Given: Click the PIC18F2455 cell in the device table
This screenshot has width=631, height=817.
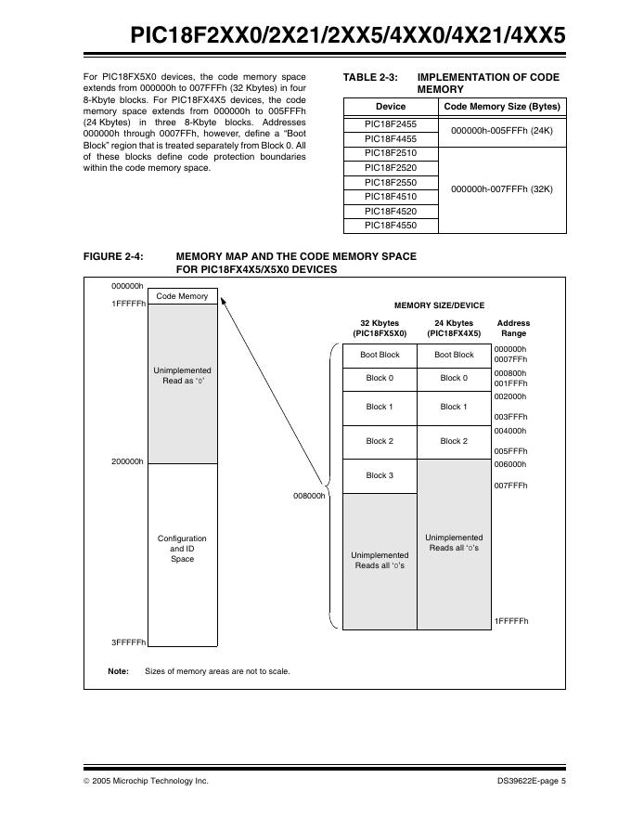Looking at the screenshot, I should pyautogui.click(x=390, y=123).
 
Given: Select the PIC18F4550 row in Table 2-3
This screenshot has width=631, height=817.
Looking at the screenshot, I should pyautogui.click(x=390, y=226).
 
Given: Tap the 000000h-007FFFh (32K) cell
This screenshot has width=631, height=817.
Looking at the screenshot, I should pyautogui.click(x=501, y=189).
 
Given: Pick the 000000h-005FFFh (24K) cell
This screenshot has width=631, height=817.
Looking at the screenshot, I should pyautogui.click(x=501, y=131).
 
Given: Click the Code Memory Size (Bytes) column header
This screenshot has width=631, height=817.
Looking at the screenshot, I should pyautogui.click(x=501, y=106).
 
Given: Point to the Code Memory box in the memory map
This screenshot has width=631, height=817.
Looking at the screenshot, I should pyautogui.click(x=182, y=296).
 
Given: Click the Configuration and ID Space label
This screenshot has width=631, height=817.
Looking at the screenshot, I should pyautogui.click(x=182, y=549).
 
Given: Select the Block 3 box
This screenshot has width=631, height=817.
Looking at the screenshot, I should pyautogui.click(x=379, y=475).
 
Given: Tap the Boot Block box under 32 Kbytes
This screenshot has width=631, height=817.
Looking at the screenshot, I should pyautogui.click(x=379, y=355).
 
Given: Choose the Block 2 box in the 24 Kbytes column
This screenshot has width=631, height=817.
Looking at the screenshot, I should pyautogui.click(x=453, y=441).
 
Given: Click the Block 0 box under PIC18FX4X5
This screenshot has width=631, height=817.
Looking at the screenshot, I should pyautogui.click(x=453, y=378).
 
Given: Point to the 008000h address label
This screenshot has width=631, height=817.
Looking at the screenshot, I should pyautogui.click(x=308, y=496).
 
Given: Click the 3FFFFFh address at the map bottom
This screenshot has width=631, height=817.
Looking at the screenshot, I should pyautogui.click(x=127, y=642).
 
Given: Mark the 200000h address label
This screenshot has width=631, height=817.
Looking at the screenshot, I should pyautogui.click(x=127, y=461).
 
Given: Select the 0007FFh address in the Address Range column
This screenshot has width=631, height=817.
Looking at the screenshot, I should pyautogui.click(x=510, y=359).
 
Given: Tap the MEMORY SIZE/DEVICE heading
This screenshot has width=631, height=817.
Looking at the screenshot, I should pyautogui.click(x=439, y=305).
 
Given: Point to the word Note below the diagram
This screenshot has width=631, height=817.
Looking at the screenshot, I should pyautogui.click(x=118, y=671).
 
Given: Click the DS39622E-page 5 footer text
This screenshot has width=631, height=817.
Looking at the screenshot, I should pyautogui.click(x=531, y=781).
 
